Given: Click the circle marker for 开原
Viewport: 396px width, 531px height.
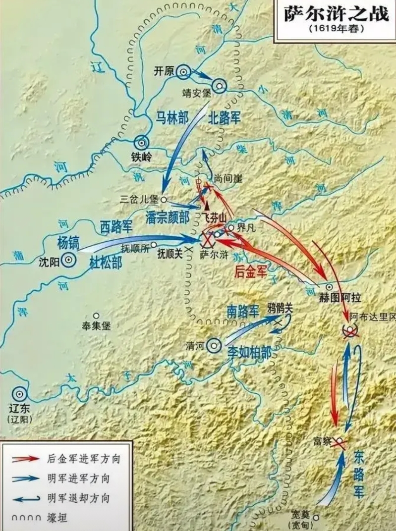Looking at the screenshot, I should (x=183, y=72).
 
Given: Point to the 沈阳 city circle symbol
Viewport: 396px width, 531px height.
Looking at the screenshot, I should (x=68, y=259).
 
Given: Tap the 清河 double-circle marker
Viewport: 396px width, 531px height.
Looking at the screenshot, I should (x=214, y=345).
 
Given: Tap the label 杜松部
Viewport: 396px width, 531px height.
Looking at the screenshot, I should (x=106, y=262).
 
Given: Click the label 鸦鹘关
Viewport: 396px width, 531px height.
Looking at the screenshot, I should (x=280, y=308).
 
